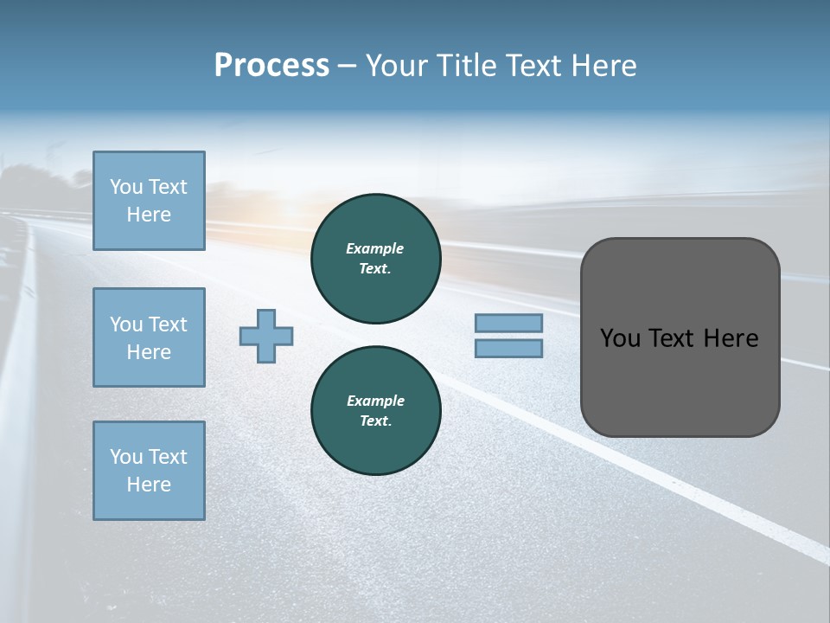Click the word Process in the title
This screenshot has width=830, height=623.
(271, 66)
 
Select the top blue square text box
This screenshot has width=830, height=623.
(149, 201)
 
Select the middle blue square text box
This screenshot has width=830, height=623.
(149, 337)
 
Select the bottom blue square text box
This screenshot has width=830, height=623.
(149, 471)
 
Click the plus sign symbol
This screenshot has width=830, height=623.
(266, 337)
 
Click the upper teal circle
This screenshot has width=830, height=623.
(375, 258)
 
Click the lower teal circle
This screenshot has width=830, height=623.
(375, 410)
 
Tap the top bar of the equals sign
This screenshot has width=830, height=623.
(508, 323)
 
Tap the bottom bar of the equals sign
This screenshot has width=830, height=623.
(508, 348)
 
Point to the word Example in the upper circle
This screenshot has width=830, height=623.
(375, 248)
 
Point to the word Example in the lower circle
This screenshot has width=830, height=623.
(375, 401)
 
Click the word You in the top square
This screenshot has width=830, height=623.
(125, 187)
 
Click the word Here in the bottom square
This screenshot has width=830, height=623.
(149, 485)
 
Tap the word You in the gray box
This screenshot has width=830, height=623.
(619, 338)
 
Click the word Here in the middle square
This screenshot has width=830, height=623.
(149, 352)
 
